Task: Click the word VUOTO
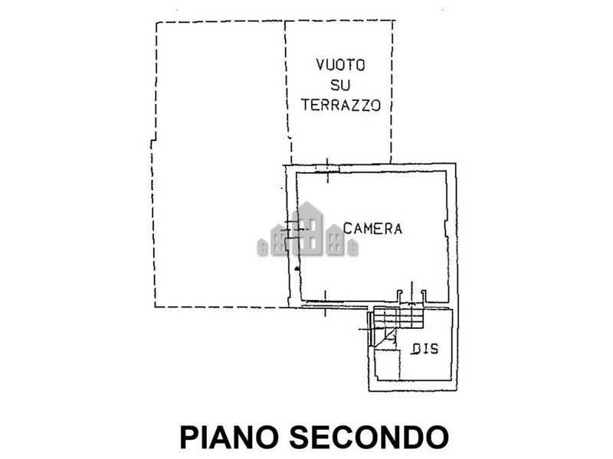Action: click(x=340, y=65)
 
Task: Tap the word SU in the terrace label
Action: click(x=340, y=85)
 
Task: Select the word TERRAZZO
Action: click(x=340, y=105)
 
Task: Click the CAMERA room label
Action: click(x=372, y=228)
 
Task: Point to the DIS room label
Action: click(x=425, y=349)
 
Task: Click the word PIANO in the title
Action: click(x=228, y=437)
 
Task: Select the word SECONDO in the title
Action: click(x=369, y=437)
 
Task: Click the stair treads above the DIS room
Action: click(x=398, y=317)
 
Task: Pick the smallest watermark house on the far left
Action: click(x=262, y=247)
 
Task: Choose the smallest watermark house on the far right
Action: click(x=352, y=247)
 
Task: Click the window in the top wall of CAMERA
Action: click(x=327, y=168)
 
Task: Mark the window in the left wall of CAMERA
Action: click(x=293, y=229)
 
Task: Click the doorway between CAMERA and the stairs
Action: click(x=411, y=297)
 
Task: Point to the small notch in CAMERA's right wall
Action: click(x=447, y=228)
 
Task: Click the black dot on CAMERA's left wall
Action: click(x=297, y=269)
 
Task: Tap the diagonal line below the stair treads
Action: click(x=385, y=337)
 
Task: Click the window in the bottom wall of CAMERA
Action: click(x=325, y=303)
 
